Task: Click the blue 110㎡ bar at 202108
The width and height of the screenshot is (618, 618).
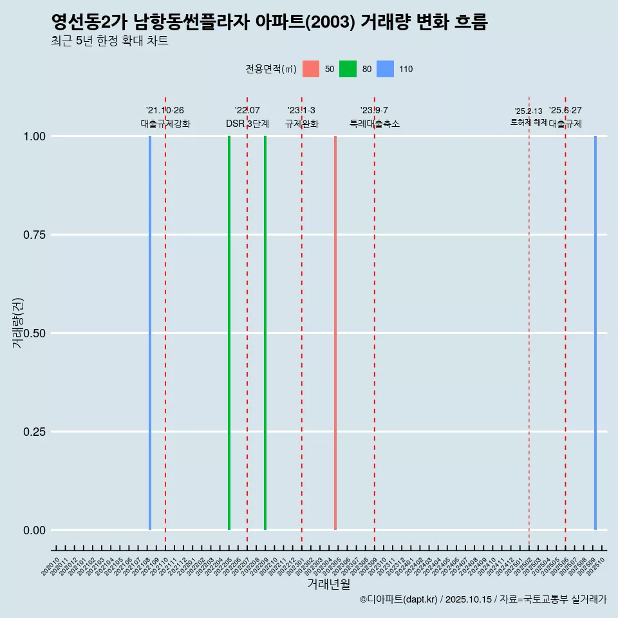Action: (x=150, y=333)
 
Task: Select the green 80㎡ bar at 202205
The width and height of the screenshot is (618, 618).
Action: (x=229, y=333)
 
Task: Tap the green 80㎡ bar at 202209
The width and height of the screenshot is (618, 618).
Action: (x=265, y=333)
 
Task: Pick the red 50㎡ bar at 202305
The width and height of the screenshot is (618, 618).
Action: (x=335, y=333)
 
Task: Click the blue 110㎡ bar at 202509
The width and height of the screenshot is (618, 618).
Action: (x=595, y=333)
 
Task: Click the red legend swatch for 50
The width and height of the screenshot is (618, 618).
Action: (x=311, y=69)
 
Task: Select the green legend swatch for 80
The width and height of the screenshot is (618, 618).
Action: (x=348, y=69)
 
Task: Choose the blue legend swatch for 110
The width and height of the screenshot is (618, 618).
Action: (x=385, y=69)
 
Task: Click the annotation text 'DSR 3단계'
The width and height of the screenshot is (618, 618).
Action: (x=247, y=124)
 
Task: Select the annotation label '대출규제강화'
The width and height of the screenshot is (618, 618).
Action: (x=165, y=124)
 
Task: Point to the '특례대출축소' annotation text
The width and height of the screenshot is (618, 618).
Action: (x=375, y=124)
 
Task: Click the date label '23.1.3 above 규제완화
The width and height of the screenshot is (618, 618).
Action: (x=301, y=111)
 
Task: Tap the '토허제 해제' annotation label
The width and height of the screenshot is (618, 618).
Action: (x=529, y=122)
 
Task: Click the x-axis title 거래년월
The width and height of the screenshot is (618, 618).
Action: (x=328, y=585)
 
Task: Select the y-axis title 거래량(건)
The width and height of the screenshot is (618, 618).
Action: (x=18, y=323)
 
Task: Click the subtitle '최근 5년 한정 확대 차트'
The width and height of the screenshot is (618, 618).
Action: (x=109, y=41)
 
